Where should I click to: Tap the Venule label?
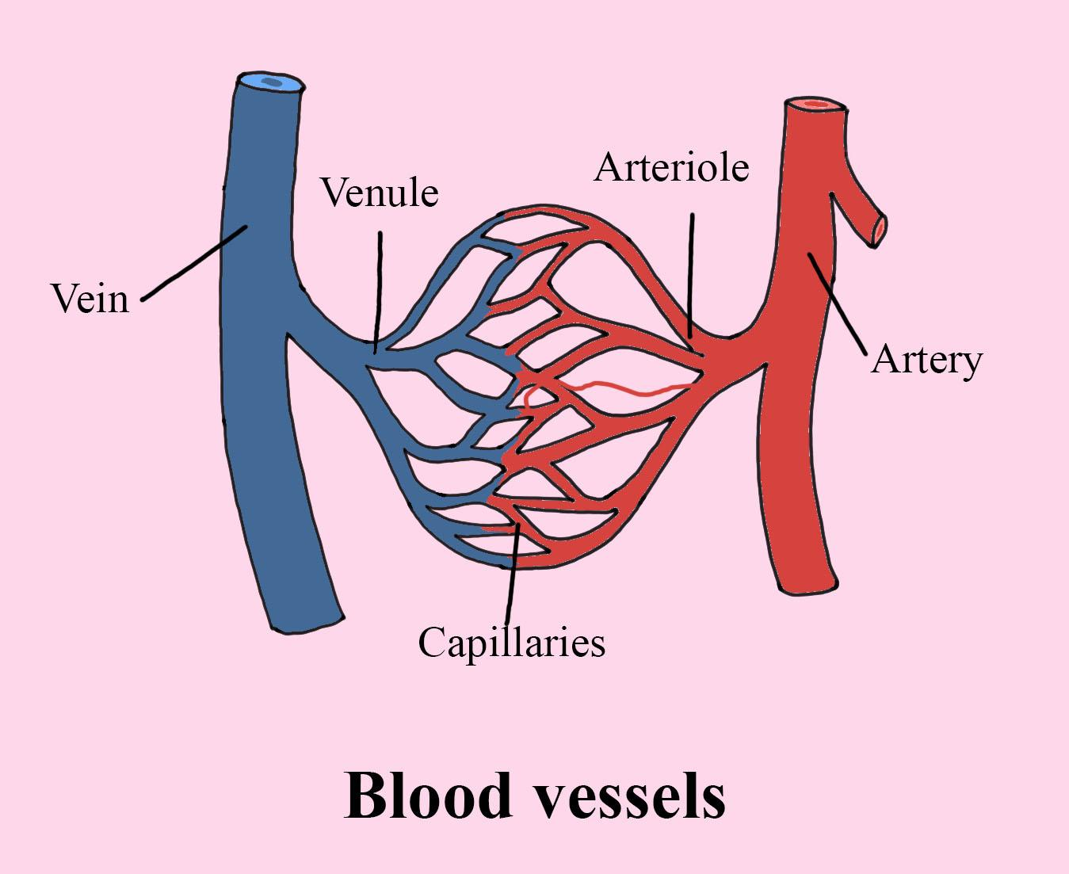click(x=379, y=193)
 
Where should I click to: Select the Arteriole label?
click(x=670, y=167)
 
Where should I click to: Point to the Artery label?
click(x=926, y=361)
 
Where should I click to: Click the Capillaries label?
click(x=511, y=642)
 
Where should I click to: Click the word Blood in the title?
click(x=428, y=795)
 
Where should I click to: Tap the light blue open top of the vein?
click(x=271, y=82)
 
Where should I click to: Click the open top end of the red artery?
click(x=815, y=105)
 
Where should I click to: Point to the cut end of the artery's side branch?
click(x=879, y=229)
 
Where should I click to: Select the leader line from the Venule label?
click(x=379, y=289)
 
